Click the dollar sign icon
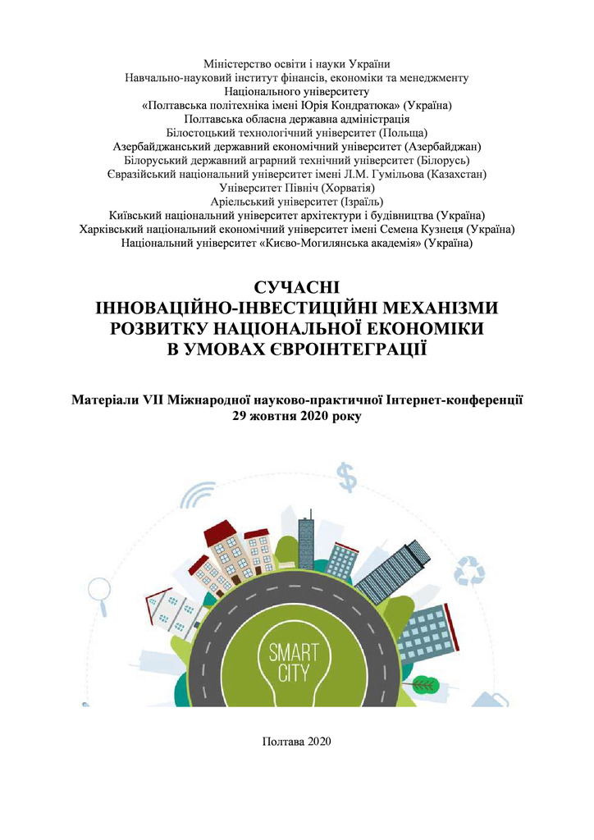pos(349,475)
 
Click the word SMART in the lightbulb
pos(296,655)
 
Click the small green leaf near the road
pos(424,682)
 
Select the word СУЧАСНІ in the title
pos(297,288)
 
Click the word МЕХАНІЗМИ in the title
pos(423,308)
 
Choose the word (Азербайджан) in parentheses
pos(440,146)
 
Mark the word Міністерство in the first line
pos(237,63)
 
